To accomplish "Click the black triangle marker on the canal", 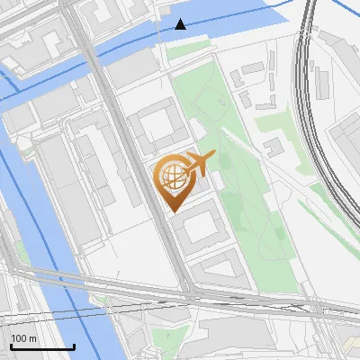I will (182, 24).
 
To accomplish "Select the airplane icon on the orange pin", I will (199, 164).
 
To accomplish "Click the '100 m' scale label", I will (24, 338).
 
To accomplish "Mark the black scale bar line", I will (42, 346).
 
